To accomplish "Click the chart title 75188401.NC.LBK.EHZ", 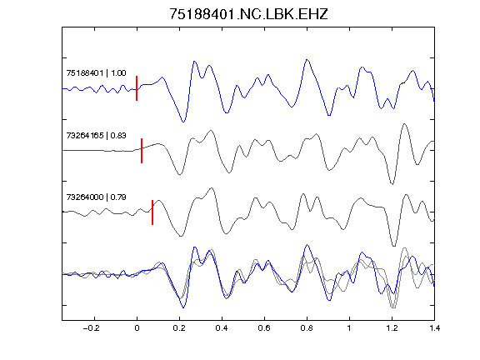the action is pos(248,14).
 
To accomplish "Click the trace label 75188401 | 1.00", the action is pos(96,73).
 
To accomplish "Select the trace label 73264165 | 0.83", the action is pos(96,135).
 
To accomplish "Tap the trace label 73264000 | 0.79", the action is pos(96,197).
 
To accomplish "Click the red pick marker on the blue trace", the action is pos(137,88).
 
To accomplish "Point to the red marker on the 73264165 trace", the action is pos(142,151).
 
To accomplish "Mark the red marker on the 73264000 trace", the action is pos(152,212).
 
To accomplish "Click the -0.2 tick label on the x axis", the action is pos(92,328).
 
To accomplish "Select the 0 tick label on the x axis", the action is pos(137,328).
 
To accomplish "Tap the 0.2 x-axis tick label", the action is pos(179,328).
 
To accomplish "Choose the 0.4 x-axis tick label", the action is pos(222,328).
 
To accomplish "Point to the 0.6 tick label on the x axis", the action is pos(264,328).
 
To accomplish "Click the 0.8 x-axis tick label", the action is pos(307,328).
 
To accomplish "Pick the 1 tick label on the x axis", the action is pos(349,328).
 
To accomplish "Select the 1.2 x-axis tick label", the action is pos(392,328).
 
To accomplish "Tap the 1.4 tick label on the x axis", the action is pos(435,328).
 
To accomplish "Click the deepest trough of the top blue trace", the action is pos(183,122).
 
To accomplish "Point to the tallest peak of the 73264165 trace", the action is pos(404,124).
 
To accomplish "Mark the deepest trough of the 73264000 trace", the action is pos(393,246).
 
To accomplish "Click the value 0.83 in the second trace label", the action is pos(118,135).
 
